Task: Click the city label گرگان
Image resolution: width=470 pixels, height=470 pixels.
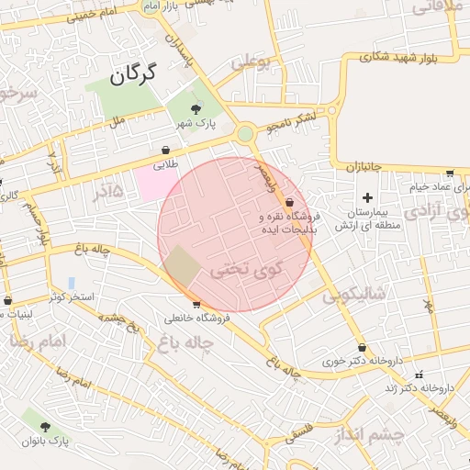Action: point(134,73)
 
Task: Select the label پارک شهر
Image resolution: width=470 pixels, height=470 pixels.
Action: point(196,125)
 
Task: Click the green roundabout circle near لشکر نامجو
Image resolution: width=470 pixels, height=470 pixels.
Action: point(245,134)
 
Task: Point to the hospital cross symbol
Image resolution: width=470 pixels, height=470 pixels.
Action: point(368,197)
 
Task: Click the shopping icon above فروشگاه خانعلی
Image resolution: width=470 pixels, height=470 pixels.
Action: point(196,305)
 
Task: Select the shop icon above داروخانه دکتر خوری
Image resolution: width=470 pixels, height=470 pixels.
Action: point(363,348)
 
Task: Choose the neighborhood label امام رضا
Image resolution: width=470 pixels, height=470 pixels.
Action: point(38,341)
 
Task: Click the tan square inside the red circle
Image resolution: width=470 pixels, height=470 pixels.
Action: point(183,266)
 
